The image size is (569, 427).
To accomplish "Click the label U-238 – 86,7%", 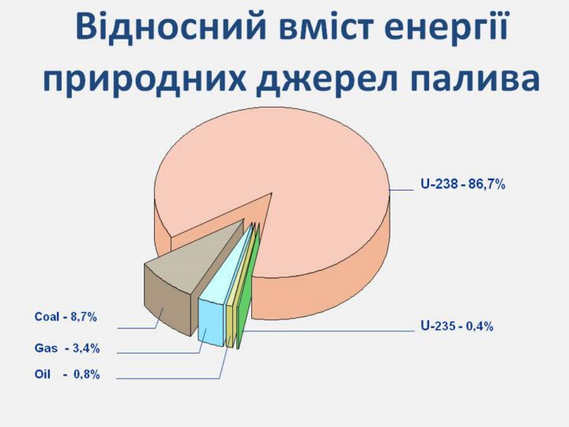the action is tap(462, 184).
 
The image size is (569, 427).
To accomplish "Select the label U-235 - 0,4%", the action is tap(457, 326).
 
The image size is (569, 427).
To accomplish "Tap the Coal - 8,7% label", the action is tap(66, 317).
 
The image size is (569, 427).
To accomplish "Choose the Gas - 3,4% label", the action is tap(67, 348).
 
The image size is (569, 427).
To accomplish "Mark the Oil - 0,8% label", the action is tap(67, 374).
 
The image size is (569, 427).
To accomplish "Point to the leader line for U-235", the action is tap(329, 331).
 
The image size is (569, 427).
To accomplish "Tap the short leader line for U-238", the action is tap(401, 190).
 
